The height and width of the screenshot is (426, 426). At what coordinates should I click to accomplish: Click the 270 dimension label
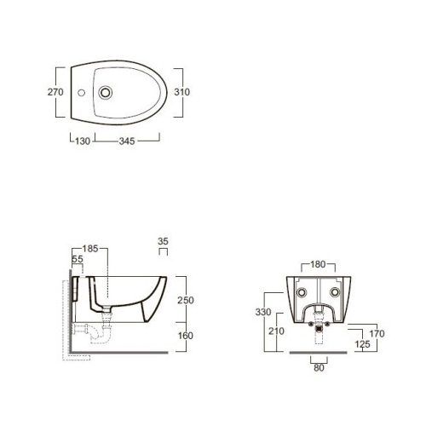(55, 92)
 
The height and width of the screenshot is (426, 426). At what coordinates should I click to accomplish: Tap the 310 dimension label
(182, 92)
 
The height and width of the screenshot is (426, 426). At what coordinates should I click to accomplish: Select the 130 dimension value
(83, 141)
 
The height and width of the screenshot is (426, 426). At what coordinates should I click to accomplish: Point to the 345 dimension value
(127, 141)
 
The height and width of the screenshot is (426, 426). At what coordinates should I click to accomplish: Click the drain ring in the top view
(106, 93)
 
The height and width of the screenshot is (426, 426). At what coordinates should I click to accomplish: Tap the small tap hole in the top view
(81, 93)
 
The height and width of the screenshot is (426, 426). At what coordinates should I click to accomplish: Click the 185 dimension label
(90, 249)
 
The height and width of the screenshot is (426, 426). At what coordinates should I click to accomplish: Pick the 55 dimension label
(78, 259)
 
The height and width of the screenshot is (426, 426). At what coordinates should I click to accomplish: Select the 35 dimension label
(163, 241)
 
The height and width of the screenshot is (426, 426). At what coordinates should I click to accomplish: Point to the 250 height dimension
(186, 300)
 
